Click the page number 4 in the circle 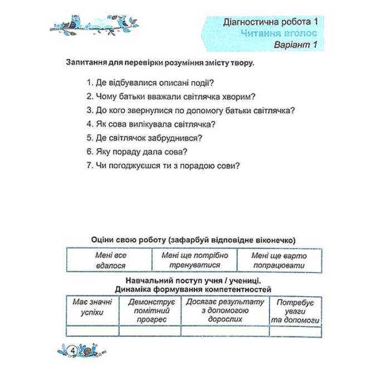(74, 350)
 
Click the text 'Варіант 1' (295, 45)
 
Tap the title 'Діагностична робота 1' (270, 22)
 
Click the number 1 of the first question (89, 82)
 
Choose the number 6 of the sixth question (89, 152)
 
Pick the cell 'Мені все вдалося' (110, 260)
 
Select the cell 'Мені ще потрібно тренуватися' (194, 260)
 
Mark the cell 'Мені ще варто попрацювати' (279, 260)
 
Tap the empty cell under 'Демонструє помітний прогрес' (150, 331)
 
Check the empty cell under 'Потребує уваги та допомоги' (295, 331)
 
